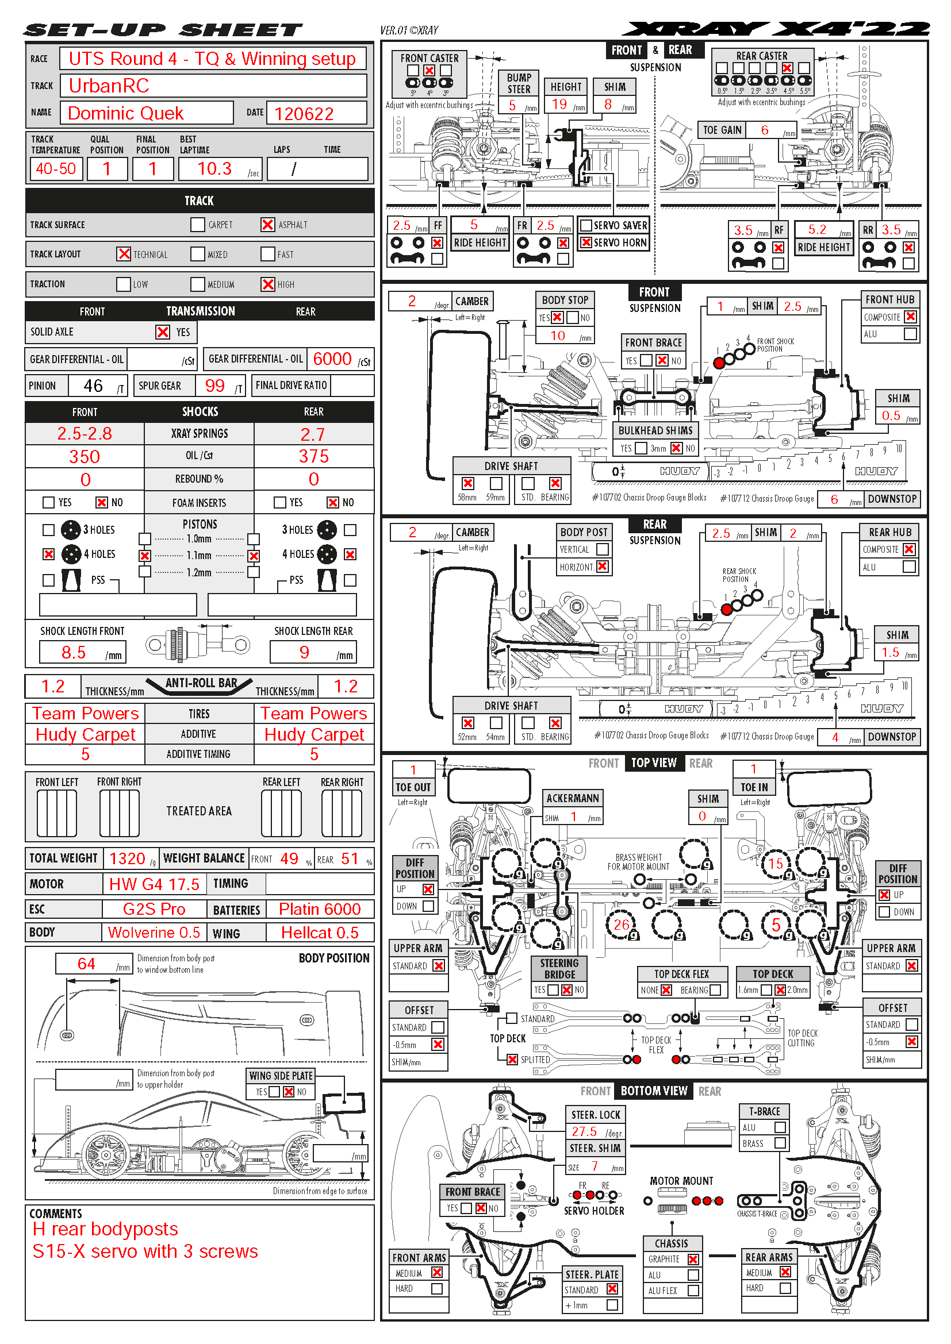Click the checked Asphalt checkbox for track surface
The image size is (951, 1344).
point(267,225)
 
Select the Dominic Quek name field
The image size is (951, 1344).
point(126,113)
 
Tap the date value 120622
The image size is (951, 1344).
point(304,114)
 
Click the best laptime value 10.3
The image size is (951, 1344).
point(214,169)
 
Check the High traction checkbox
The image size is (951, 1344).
point(267,284)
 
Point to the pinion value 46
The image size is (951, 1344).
point(93,386)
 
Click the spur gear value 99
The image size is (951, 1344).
point(215,386)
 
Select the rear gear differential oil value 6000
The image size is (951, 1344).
point(332,359)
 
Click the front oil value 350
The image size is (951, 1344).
point(85,457)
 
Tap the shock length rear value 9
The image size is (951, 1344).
point(305,652)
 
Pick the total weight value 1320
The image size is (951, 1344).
point(127,858)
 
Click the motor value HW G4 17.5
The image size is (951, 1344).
point(154,884)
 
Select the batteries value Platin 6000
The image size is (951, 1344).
point(319,909)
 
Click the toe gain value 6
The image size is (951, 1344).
point(765,130)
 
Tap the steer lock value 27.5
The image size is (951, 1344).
point(584,1131)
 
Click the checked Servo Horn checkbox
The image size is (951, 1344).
point(585,242)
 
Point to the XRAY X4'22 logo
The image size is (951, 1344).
point(776,29)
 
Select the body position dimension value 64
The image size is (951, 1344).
point(86,964)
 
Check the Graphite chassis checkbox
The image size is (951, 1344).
point(693,1259)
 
